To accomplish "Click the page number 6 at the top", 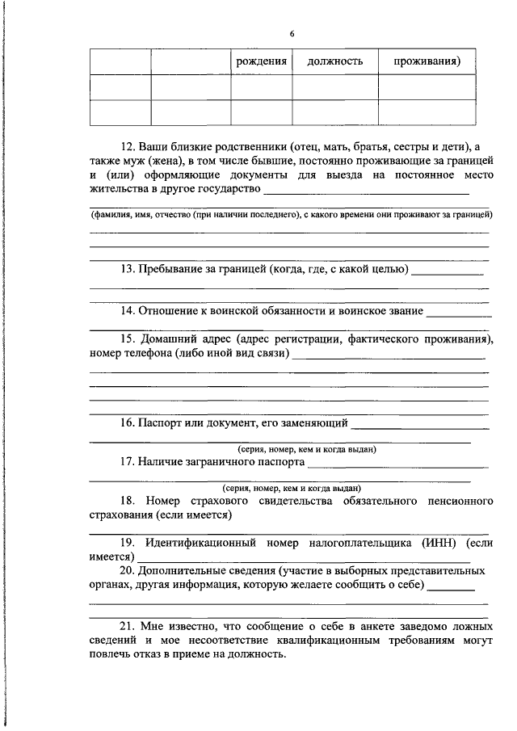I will (292, 33).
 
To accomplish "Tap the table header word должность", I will (330, 61).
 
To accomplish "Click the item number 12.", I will (128, 147).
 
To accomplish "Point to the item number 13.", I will (128, 268).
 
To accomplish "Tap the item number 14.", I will (128, 310).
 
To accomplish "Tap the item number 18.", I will (128, 502).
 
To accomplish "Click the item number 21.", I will (128, 626).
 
